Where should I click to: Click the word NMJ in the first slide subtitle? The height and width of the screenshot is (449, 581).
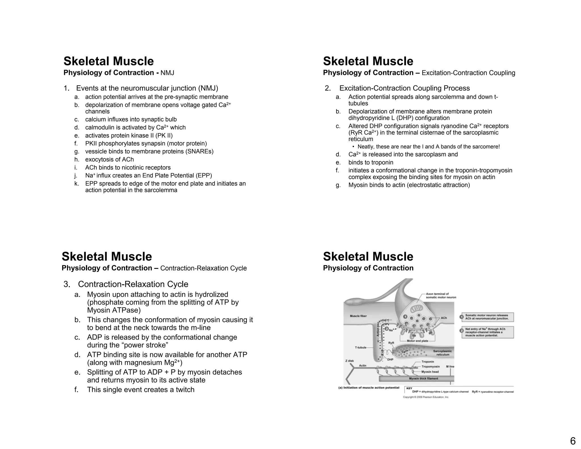click(167, 73)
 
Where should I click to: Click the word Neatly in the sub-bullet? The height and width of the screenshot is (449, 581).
click(366, 147)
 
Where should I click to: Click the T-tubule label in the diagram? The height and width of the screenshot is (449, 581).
click(361, 347)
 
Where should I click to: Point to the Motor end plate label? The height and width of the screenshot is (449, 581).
click(417, 341)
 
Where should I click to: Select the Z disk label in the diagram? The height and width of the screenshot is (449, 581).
click(350, 361)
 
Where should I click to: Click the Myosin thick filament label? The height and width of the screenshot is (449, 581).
click(423, 379)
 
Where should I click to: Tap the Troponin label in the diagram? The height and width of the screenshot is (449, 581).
click(428, 362)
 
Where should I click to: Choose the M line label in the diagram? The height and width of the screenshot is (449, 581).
click(450, 366)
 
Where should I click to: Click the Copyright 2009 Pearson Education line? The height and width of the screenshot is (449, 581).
click(426, 397)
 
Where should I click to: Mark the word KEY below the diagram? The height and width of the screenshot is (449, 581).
click(409, 388)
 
